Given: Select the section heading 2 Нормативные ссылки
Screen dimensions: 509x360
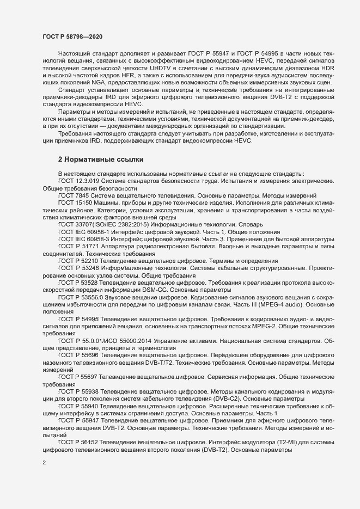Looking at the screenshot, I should [101, 160].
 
